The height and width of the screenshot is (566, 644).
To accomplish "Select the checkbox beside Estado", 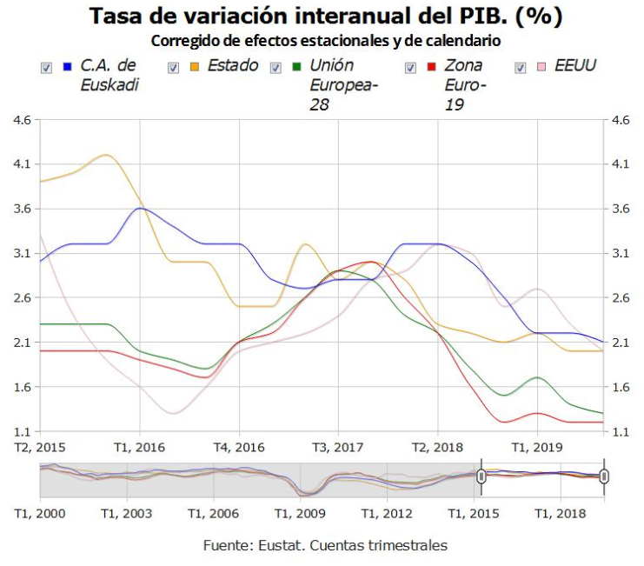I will click(173, 68).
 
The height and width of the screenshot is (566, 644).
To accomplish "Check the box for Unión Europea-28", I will click(276, 68).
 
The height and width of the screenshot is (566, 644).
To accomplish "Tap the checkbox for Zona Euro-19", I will click(410, 68).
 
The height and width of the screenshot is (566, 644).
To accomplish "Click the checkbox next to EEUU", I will click(521, 68).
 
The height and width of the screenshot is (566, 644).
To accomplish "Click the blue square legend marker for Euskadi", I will click(67, 67).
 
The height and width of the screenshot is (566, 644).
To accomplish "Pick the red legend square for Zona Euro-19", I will click(431, 67).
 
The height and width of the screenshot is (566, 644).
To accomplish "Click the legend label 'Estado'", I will click(232, 65).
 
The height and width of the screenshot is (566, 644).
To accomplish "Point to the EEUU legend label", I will click(575, 65).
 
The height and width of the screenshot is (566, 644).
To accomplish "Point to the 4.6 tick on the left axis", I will click(21, 120).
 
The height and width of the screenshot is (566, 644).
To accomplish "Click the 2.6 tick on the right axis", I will click(621, 298).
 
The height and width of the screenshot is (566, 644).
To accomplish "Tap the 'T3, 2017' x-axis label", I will click(337, 447).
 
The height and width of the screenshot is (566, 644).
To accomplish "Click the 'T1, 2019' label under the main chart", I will click(536, 447).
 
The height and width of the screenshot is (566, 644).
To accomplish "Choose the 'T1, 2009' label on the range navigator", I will click(300, 514).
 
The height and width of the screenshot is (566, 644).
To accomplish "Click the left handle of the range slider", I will click(481, 476).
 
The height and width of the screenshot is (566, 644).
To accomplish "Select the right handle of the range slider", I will click(604, 476).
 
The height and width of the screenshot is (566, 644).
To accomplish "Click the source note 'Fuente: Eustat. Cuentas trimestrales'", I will click(325, 546).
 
